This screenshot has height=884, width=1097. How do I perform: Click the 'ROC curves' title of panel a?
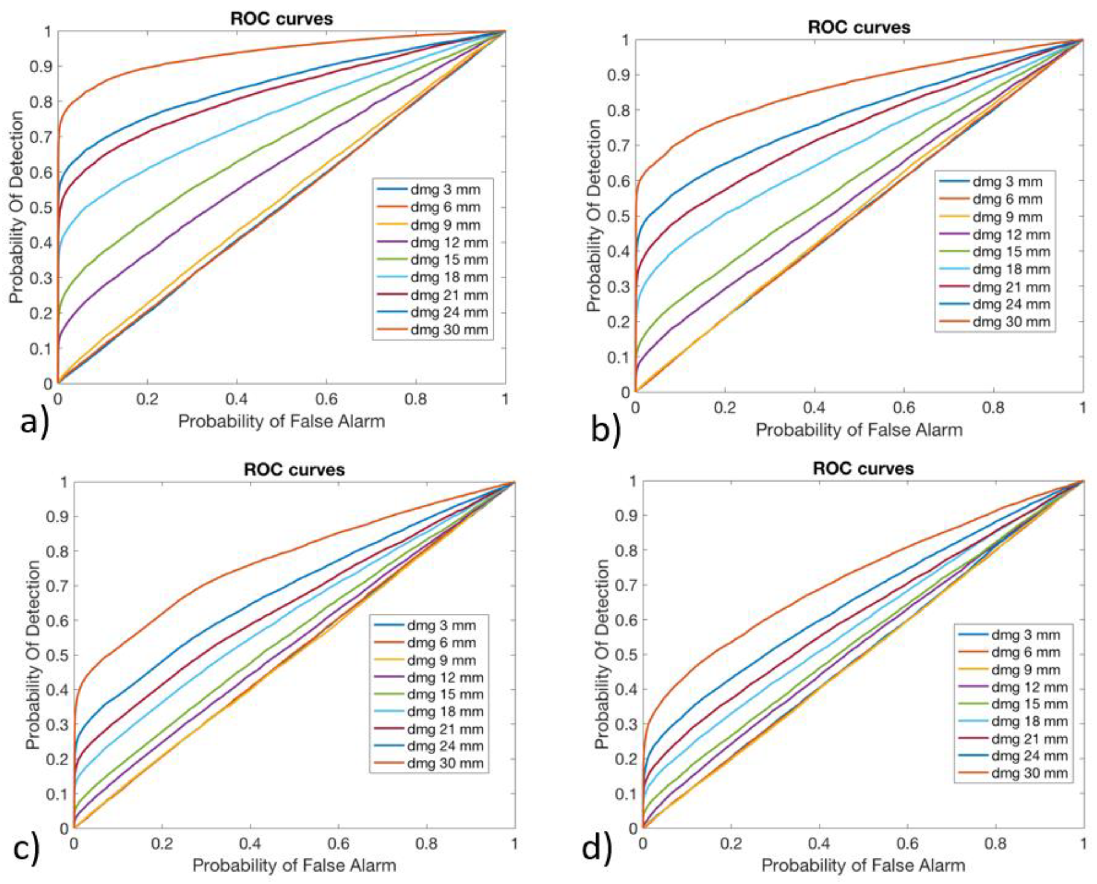click(x=282, y=19)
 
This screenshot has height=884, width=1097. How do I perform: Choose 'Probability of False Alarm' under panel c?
click(x=294, y=865)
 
